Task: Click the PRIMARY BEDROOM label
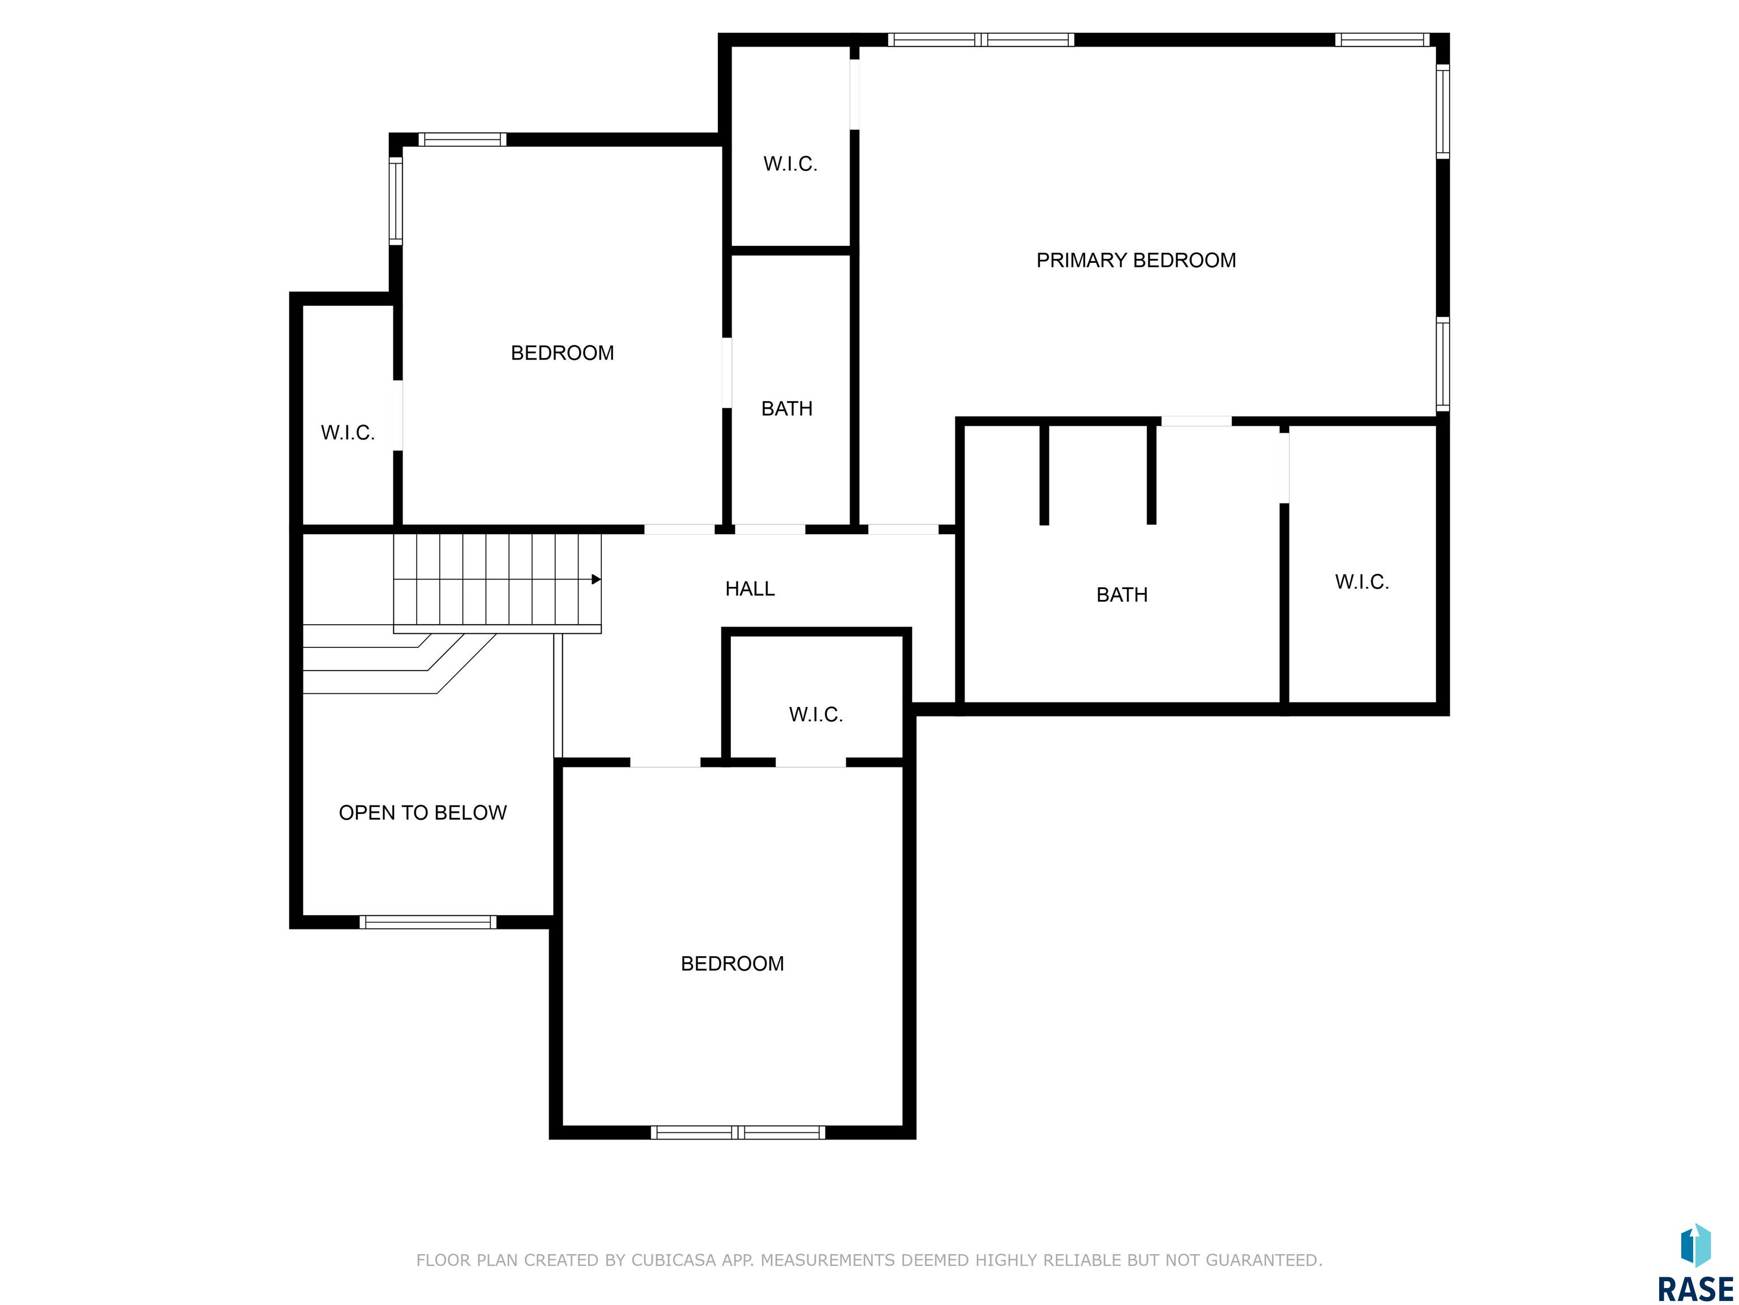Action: [x=1136, y=261]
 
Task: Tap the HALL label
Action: [x=750, y=588]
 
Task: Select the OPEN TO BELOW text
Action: [x=423, y=813]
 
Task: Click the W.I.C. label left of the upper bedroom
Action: [x=348, y=433]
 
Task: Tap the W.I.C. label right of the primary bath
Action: [x=1361, y=582]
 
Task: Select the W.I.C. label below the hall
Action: [x=816, y=714]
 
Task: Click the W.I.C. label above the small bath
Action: [x=790, y=164]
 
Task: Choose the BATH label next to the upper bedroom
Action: [x=787, y=408]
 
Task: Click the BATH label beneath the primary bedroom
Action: [x=1122, y=595]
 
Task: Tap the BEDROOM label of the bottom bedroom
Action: [x=732, y=963]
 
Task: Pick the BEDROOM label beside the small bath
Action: [x=562, y=353]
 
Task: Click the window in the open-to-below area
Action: [x=428, y=922]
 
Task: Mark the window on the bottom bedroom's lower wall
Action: [x=738, y=1133]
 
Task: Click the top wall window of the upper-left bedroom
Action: [x=462, y=139]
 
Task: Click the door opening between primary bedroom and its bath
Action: [x=1196, y=421]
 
